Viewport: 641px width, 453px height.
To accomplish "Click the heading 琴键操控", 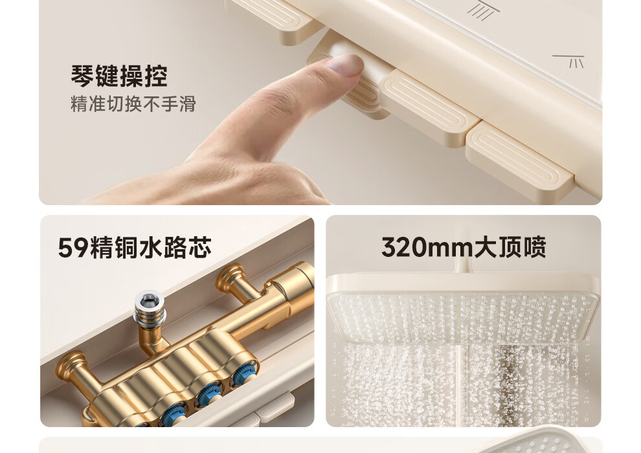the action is [x=119, y=76].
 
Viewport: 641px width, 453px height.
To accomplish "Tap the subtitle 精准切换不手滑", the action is [x=133, y=104].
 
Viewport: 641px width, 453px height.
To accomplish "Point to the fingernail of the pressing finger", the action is [x=346, y=64].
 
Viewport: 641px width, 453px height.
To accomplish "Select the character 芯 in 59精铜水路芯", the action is [x=200, y=248].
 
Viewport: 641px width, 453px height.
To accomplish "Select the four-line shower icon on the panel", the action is [x=484, y=10].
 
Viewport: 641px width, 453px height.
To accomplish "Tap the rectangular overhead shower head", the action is [x=463, y=309].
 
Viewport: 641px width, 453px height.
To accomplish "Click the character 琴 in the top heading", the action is [x=82, y=76].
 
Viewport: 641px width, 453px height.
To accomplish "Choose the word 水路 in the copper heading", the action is [x=163, y=248].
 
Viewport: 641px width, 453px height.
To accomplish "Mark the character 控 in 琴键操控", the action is [x=156, y=76].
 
